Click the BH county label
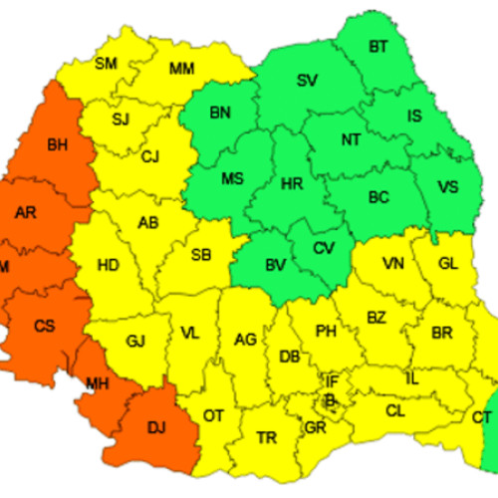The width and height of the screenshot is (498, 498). point(57,145)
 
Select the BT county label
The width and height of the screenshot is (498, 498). point(378,46)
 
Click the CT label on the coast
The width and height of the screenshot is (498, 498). point(482,416)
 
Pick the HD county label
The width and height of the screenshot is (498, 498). point(109,265)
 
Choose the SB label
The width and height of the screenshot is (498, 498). point(200,255)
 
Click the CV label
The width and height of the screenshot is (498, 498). point(324,248)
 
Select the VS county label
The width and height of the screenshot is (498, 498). point(449,185)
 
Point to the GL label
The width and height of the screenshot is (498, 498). point(448,263)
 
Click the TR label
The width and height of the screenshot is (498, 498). point(266,438)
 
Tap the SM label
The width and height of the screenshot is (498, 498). point(106,64)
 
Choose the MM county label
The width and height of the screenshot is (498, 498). point(181,68)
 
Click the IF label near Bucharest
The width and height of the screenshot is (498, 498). point(332,380)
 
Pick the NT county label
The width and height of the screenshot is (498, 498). point(351,139)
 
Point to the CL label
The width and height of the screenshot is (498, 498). point(394,409)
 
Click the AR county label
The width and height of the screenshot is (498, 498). point(27,211)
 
